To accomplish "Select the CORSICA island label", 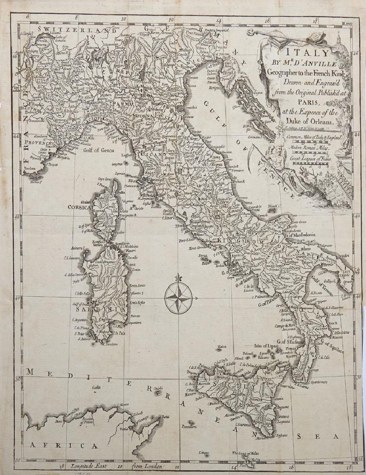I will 78,207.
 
